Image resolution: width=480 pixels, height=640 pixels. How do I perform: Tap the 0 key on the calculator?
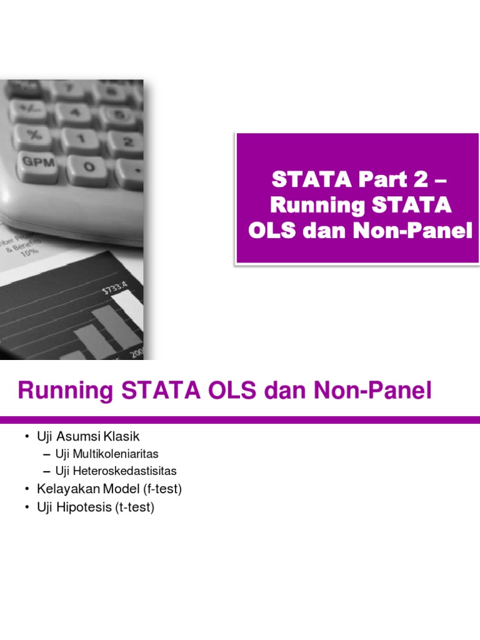click(87, 167)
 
